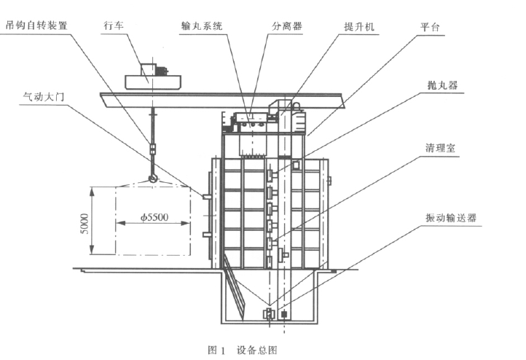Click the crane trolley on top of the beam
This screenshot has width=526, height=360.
click(x=154, y=74)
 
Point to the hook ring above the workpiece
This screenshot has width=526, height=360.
click(x=152, y=177)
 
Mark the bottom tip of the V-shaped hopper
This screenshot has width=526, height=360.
click(x=271, y=309)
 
